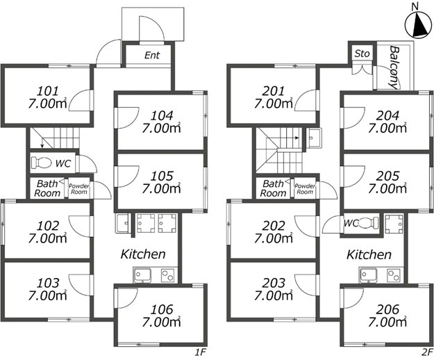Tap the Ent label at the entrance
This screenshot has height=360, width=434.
coord(152,55)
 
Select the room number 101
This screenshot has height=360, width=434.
coord(48,91)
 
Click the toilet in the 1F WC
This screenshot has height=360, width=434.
coord(41,163)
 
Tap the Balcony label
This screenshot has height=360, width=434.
coord(394,67)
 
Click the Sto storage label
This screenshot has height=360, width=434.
coord(362,54)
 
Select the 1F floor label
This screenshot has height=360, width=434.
coord(201,352)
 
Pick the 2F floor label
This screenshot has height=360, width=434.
coord(427,352)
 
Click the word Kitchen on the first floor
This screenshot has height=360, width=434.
coord(143,254)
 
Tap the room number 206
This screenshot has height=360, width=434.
coord(387,309)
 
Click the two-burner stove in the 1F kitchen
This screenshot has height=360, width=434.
coord(168,275)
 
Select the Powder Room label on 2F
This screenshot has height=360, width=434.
coord(305,188)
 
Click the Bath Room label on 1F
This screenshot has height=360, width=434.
coord(47,188)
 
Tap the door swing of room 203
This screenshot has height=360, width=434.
coord(306,285)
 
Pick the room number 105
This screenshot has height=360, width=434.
coord(162,176)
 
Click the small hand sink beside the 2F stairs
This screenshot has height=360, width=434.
coord(314,138)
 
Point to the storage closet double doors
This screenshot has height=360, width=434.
coord(362,69)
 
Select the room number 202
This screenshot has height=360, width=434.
coord(274,226)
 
